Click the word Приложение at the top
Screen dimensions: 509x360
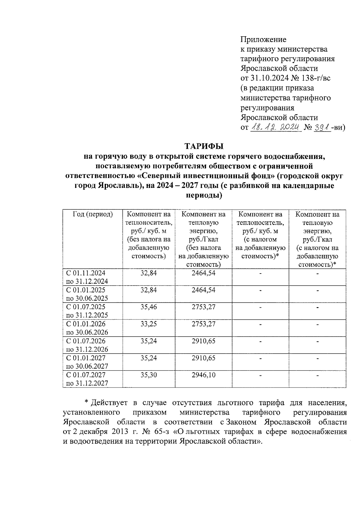(x=263, y=40)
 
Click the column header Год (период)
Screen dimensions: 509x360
(x=93, y=214)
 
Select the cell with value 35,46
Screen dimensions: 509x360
(x=149, y=307)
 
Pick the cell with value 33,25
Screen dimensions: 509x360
(x=149, y=324)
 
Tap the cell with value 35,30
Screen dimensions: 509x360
(x=149, y=375)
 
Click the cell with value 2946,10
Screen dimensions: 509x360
(x=203, y=375)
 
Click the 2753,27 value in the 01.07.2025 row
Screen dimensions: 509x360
(x=203, y=307)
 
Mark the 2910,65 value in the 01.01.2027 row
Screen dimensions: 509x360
(x=203, y=358)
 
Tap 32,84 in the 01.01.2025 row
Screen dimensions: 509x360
(x=149, y=290)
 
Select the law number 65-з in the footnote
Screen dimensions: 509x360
(x=162, y=432)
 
